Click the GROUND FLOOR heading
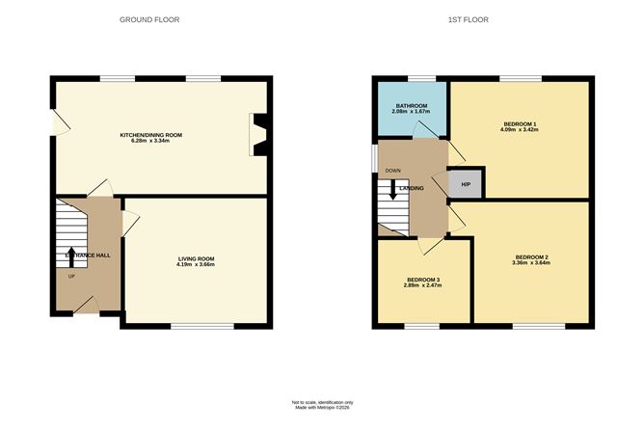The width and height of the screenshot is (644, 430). coord(149,19)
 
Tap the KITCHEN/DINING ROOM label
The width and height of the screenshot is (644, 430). coord(150,135)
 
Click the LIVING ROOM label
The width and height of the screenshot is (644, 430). coord(196,258)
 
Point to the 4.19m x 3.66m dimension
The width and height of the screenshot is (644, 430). coord(196,266)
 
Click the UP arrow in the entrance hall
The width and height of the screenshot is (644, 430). coord(70,255)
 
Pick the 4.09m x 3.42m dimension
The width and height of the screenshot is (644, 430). coord(520,129)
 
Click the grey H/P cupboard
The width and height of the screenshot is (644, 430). coord(466,184)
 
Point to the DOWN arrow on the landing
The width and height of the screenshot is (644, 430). coord(392,189)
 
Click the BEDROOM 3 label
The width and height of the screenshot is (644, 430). coord(423,281)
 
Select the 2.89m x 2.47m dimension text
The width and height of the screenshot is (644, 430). coord(423,287)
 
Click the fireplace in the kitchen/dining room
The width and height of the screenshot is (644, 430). coord(258,134)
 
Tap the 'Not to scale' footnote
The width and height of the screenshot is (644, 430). coord(323,402)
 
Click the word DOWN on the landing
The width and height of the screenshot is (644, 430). coord(392,171)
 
